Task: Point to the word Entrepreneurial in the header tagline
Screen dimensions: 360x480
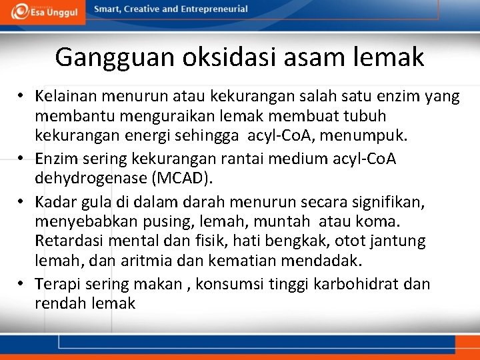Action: (213, 9)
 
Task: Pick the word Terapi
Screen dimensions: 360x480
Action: (56, 284)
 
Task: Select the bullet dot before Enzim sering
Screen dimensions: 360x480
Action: (23, 158)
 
